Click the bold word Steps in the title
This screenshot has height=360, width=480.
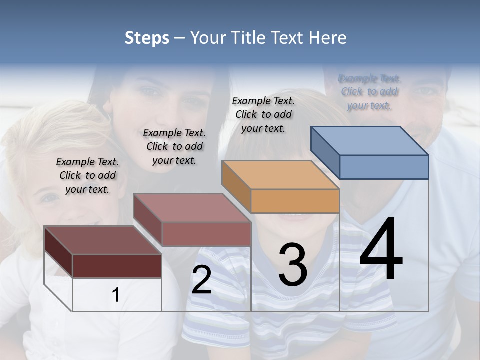(x=147, y=38)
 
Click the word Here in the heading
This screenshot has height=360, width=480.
(x=328, y=38)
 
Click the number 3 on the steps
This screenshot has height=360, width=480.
(x=293, y=264)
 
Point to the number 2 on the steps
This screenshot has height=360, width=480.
(x=201, y=280)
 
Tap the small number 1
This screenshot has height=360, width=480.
(x=115, y=295)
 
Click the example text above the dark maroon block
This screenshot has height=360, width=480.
(x=87, y=176)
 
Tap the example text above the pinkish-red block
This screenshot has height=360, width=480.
(x=174, y=146)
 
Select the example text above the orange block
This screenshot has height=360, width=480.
(x=263, y=114)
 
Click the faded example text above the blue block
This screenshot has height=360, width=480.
(x=369, y=92)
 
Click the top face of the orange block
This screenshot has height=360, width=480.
(x=280, y=175)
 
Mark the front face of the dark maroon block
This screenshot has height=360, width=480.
(x=117, y=266)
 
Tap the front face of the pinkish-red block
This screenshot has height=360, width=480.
(x=206, y=234)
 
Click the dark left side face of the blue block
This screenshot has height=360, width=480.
(x=325, y=152)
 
